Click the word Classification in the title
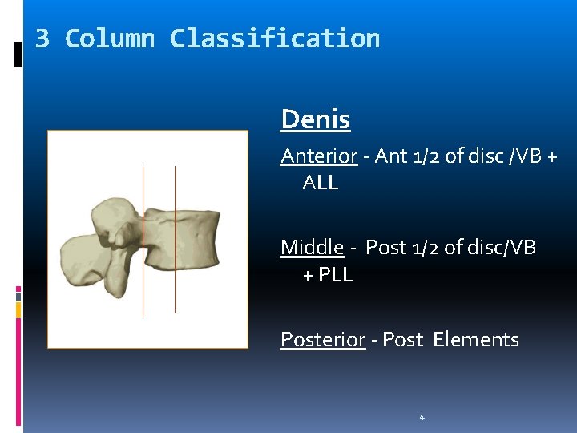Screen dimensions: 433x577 275,38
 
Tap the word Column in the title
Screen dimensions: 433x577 109,38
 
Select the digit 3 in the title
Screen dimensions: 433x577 42,38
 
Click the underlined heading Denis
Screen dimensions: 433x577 315,120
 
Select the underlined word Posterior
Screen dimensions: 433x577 322,339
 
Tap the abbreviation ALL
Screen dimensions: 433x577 320,183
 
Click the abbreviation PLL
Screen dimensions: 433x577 335,274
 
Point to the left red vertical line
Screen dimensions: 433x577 143,241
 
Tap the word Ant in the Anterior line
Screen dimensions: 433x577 390,156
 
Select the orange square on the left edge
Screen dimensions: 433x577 18,309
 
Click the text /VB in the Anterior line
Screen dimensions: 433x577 526,156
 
